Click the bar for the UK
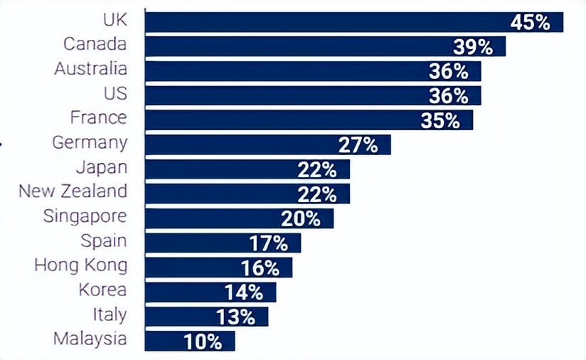tap(320, 22)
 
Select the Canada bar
tap(299, 47)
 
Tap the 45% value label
tap(531, 22)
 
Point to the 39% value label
tap(473, 47)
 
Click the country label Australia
tap(91, 69)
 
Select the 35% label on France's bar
tap(440, 120)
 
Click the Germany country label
tap(90, 142)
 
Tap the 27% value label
tap(358, 145)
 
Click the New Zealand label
tap(73, 191)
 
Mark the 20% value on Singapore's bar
tap(301, 218)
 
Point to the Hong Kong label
tap(81, 265)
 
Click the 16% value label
tap(260, 268)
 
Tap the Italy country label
tap(110, 314)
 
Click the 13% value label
tap(235, 317)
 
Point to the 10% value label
tap(203, 342)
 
